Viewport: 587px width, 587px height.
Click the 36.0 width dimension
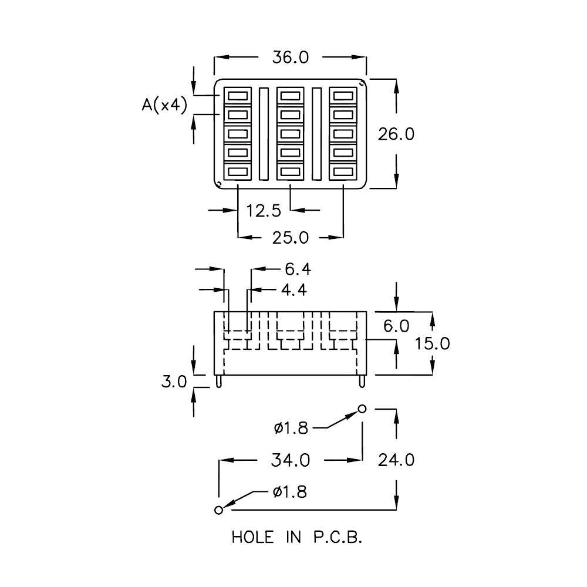(x=291, y=58)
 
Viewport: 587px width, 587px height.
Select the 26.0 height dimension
(x=396, y=134)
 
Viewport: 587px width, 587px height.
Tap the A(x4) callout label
(x=164, y=105)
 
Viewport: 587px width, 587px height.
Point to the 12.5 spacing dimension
(x=264, y=211)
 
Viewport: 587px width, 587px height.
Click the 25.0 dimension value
(x=291, y=238)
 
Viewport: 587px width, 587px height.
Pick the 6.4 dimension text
(x=298, y=269)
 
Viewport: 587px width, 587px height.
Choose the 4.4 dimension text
(x=294, y=290)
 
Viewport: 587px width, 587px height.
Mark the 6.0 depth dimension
(x=396, y=326)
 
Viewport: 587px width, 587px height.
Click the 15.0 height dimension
(x=433, y=343)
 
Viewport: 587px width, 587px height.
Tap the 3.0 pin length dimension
(x=174, y=382)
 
